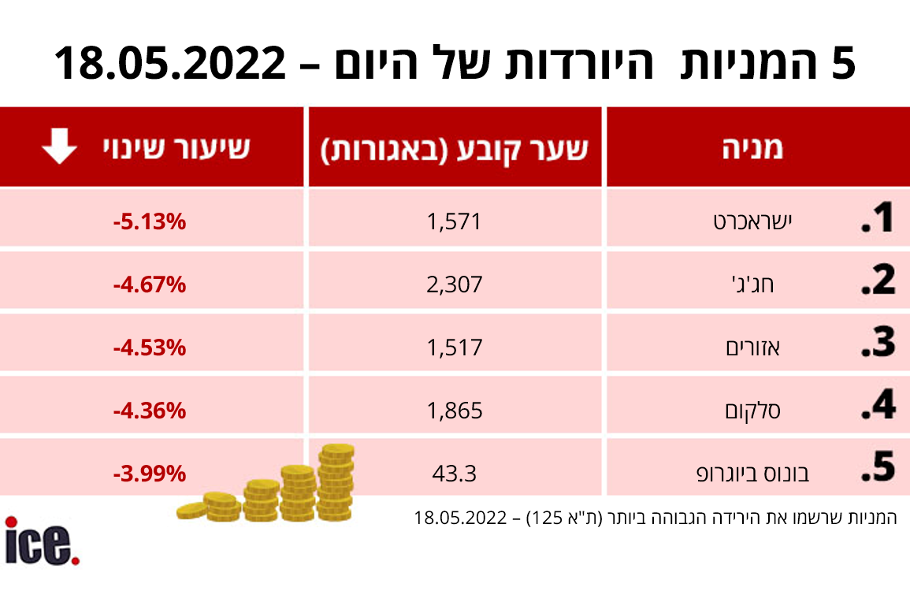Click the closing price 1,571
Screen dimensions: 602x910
pos(455,221)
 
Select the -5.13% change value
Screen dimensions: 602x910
pos(149,221)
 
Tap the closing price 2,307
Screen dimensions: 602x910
pos(455,284)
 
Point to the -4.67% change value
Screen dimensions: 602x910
pos(149,284)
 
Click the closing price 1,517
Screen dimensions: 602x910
pos(455,347)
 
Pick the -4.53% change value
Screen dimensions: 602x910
pos(149,347)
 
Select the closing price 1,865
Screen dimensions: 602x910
pos(455,410)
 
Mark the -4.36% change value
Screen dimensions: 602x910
pos(149,410)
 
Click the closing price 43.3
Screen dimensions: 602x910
pos(455,474)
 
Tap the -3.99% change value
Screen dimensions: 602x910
pos(149,474)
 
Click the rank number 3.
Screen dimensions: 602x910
pos(877,344)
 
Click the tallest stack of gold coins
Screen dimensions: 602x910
pos(336,481)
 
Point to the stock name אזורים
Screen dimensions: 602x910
pos(752,347)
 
